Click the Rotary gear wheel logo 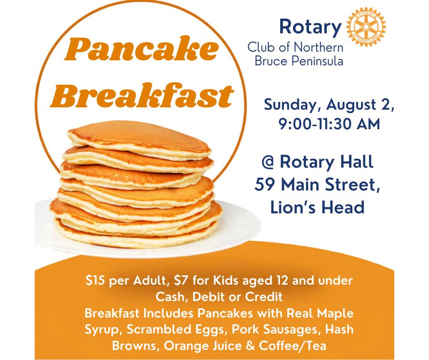coord(366,26)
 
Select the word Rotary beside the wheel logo coord(310,27)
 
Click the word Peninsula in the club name coord(317,61)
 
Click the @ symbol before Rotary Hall coord(268,162)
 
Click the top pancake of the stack coord(140,139)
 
